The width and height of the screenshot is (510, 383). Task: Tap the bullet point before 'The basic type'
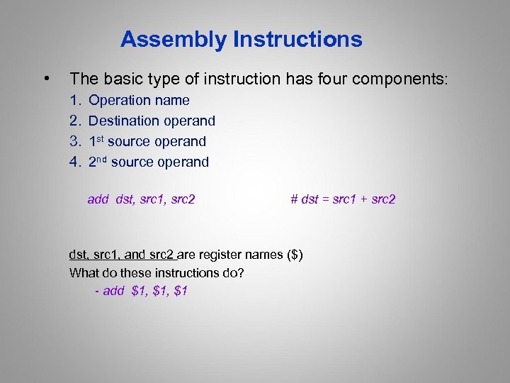pos(46,78)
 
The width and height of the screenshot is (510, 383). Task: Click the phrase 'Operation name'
pos(139,101)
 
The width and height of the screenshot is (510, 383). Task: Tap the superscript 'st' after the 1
pos(101,138)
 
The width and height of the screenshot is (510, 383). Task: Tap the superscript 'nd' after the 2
pos(102,159)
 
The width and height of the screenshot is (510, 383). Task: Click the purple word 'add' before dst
pos(98,199)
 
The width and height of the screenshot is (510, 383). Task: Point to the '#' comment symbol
pos(294,199)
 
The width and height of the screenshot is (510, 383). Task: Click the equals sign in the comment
pos(327,199)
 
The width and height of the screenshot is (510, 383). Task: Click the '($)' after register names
pos(295,255)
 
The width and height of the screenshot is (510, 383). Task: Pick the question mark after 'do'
pos(242,273)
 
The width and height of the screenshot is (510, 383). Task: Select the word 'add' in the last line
pos(113,291)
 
